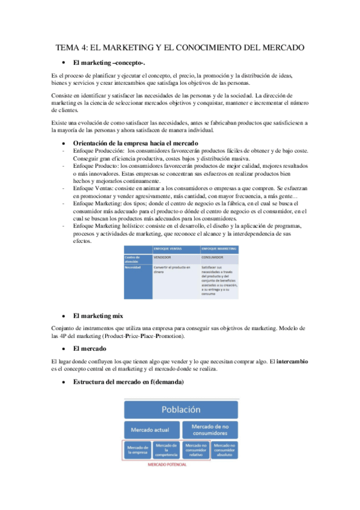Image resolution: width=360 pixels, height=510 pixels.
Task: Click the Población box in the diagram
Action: coord(180,410)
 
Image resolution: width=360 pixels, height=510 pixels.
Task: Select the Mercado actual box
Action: coord(152,431)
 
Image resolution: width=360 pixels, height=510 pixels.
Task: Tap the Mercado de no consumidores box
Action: coord(207,431)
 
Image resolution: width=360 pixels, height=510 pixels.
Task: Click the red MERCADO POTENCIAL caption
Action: coord(166,465)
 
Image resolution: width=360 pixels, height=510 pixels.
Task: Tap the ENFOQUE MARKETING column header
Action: coord(218,247)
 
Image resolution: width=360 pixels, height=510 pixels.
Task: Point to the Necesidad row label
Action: coord(133,267)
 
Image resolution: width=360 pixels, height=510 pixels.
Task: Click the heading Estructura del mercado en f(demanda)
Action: coord(127,382)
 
